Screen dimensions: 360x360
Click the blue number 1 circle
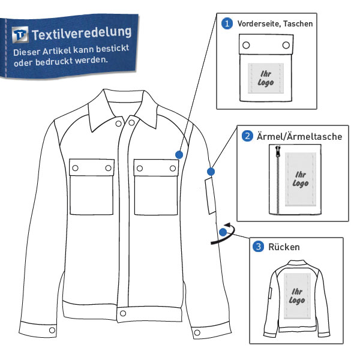tap(227, 23)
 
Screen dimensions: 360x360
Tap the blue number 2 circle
tap(247, 136)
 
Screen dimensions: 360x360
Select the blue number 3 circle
tap(258, 247)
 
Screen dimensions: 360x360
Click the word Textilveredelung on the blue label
tap(82, 34)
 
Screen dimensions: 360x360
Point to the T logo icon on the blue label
tap(20, 35)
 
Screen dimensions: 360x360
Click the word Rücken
tap(284, 247)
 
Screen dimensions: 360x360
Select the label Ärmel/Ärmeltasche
tap(299, 136)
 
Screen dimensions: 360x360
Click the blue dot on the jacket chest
tap(179, 155)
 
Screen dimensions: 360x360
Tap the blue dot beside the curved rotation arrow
tap(223, 232)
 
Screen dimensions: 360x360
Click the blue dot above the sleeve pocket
tap(211, 172)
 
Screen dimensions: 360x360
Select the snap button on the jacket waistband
tap(123, 313)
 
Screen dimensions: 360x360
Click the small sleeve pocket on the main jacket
tap(211, 196)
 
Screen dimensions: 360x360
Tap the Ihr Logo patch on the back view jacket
tap(297, 296)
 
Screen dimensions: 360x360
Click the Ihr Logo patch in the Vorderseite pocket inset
tap(266, 78)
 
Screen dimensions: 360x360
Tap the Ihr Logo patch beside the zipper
tap(301, 179)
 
